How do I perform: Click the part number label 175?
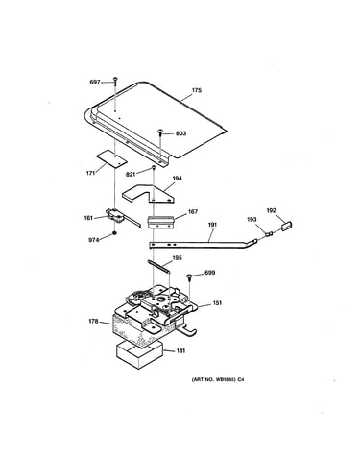(197, 90)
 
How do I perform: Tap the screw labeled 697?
(115, 83)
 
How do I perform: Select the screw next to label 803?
(161, 132)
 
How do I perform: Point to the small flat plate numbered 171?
(112, 158)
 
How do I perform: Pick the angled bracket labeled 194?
(149, 194)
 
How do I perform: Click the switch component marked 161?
(117, 216)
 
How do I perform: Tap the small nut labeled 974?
(114, 233)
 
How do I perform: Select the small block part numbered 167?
(160, 222)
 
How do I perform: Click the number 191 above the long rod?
(212, 225)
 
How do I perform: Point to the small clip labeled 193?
(269, 233)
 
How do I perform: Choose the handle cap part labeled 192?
(286, 226)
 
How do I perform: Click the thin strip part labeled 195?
(158, 266)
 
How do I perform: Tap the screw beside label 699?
(189, 276)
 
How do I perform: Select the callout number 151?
(217, 303)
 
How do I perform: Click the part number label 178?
(93, 321)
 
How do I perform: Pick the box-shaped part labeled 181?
(139, 354)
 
